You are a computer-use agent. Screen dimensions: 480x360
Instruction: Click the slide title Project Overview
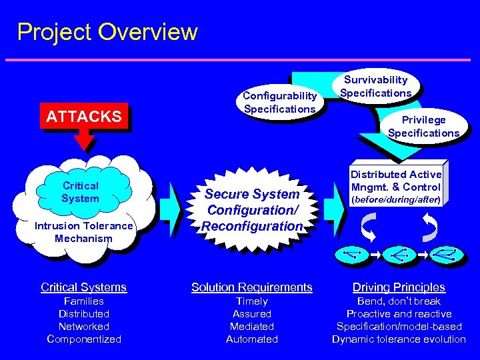point(107,32)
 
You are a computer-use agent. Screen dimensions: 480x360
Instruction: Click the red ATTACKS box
point(84,117)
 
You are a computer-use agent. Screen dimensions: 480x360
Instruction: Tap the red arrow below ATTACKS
point(84,139)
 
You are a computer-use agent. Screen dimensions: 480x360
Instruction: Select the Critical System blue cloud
point(80,192)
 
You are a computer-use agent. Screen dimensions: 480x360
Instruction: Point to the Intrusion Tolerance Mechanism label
point(83,232)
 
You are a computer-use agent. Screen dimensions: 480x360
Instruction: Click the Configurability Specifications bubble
point(279,103)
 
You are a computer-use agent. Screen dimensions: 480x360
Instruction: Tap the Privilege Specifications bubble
point(423,126)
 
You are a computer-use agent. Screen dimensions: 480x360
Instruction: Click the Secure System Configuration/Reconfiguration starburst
point(252,210)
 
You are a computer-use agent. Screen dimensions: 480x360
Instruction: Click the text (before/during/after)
point(396,199)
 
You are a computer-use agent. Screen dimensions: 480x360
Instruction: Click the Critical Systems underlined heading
point(83,287)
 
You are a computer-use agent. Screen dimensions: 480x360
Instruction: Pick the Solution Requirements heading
point(252,287)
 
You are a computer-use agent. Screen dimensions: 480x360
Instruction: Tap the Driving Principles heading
point(399,287)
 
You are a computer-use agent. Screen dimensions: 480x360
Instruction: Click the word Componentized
point(84,339)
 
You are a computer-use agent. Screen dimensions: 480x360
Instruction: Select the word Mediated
point(252,327)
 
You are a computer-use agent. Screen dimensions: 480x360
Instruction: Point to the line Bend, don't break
point(399,301)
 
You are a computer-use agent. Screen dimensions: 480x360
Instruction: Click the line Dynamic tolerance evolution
point(399,339)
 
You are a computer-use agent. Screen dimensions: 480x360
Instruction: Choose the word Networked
point(84,327)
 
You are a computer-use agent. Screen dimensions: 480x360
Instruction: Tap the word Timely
point(252,301)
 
